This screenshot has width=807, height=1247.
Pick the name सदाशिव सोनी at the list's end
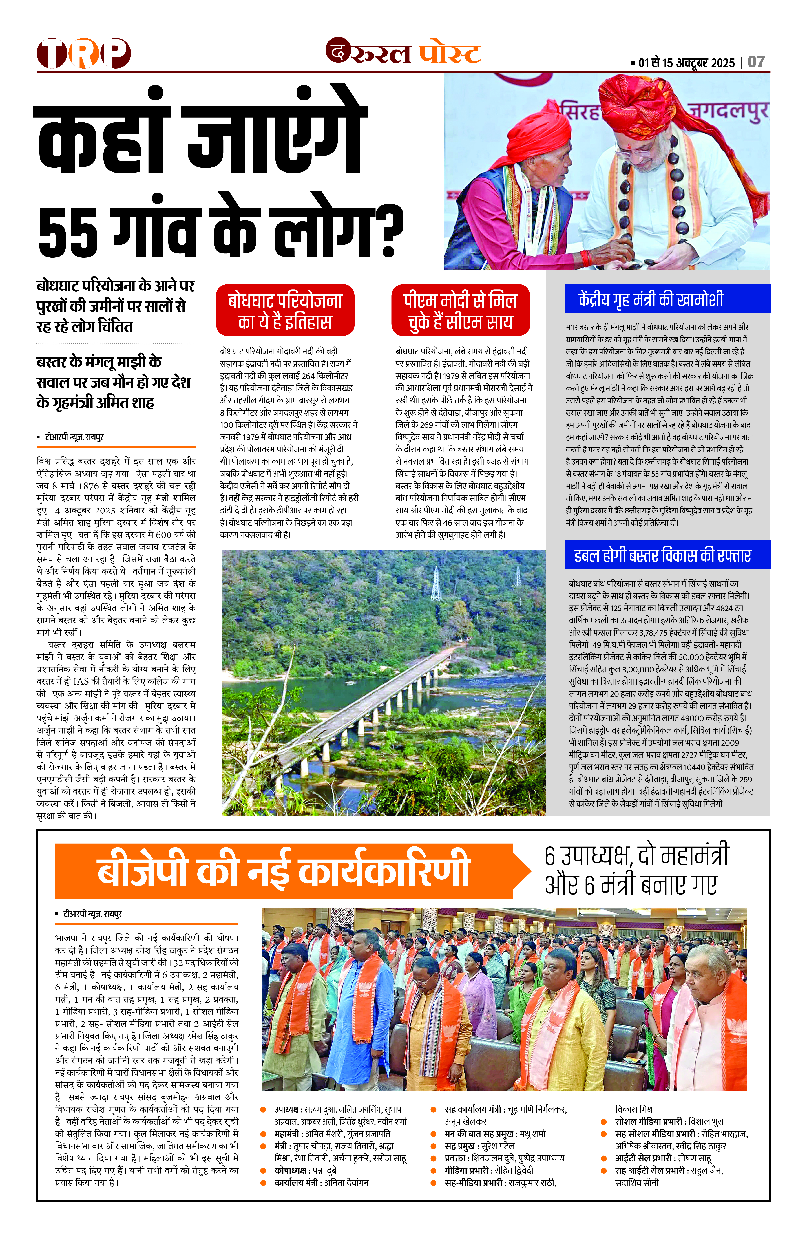(637, 1183)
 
